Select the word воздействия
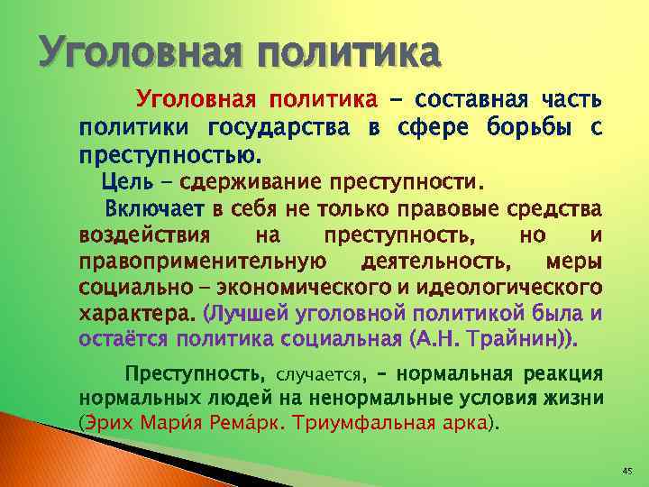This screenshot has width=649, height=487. (145, 236)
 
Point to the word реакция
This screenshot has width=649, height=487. (559, 373)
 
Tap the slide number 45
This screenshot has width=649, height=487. (627, 472)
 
